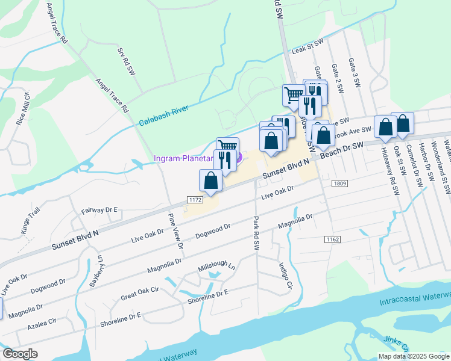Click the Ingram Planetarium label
[184, 158]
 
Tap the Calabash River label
[163, 114]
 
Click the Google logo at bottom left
[20, 354]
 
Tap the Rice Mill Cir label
[23, 108]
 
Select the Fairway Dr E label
[99, 211]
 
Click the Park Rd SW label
[256, 233]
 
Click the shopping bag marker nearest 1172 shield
[210, 180]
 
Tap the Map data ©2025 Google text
[413, 356]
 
